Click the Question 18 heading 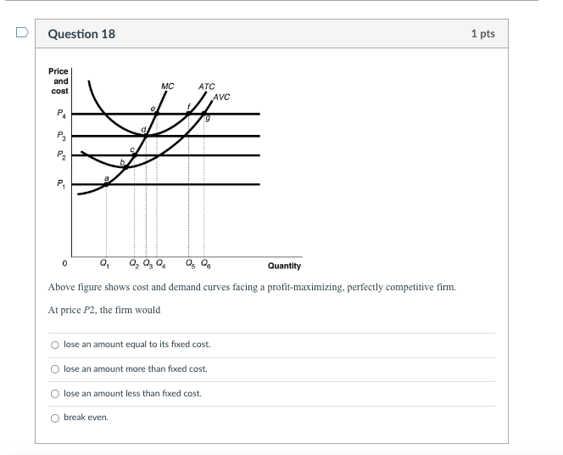[x=81, y=34]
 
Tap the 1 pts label [x=482, y=34]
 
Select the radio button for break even [x=55, y=418]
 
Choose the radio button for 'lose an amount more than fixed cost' [x=55, y=369]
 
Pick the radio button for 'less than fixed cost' [x=55, y=394]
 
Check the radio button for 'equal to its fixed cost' [x=55, y=345]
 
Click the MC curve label [x=167, y=86]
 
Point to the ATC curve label [x=206, y=86]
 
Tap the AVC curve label [x=221, y=97]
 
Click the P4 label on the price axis [x=59, y=113]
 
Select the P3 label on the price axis [x=59, y=135]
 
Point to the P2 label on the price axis [x=59, y=155]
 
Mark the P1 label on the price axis [x=59, y=183]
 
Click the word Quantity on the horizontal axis [x=284, y=266]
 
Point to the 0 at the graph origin [x=64, y=261]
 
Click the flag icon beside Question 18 [x=23, y=34]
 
